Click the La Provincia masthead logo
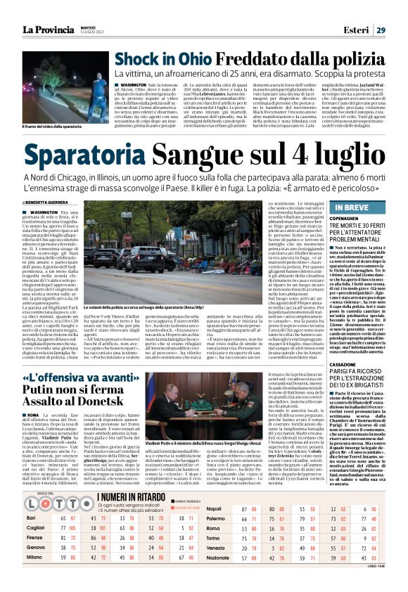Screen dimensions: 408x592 [47, 29]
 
